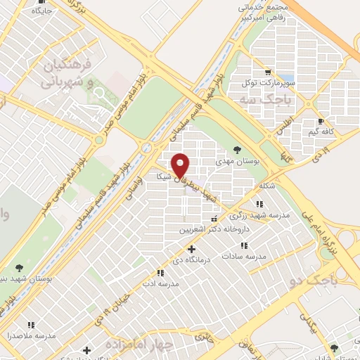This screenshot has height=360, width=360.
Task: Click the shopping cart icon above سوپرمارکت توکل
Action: point(266,72)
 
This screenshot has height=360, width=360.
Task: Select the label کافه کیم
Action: point(321,131)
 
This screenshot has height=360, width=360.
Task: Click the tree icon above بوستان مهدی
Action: point(237,149)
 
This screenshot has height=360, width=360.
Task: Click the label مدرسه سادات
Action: point(245,257)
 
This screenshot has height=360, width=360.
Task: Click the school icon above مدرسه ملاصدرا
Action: point(31,325)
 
